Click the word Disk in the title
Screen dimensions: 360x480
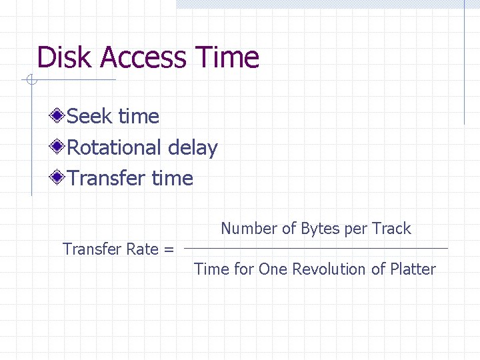tap(65, 57)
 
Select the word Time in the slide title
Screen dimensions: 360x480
tap(227, 57)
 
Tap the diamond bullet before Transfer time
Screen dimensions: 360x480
tap(59, 178)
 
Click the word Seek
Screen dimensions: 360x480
tap(89, 117)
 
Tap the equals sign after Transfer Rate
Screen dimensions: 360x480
tap(169, 250)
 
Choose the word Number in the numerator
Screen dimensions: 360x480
tap(249, 229)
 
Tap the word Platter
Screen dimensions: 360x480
tap(413, 269)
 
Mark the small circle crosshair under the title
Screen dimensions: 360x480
tap(31, 81)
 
